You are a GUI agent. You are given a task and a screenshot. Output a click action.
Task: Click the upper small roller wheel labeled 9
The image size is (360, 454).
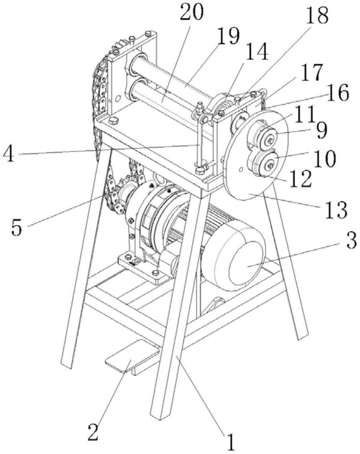[269, 139]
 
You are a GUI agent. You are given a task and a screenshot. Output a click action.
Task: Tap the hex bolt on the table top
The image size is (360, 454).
[113, 121]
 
